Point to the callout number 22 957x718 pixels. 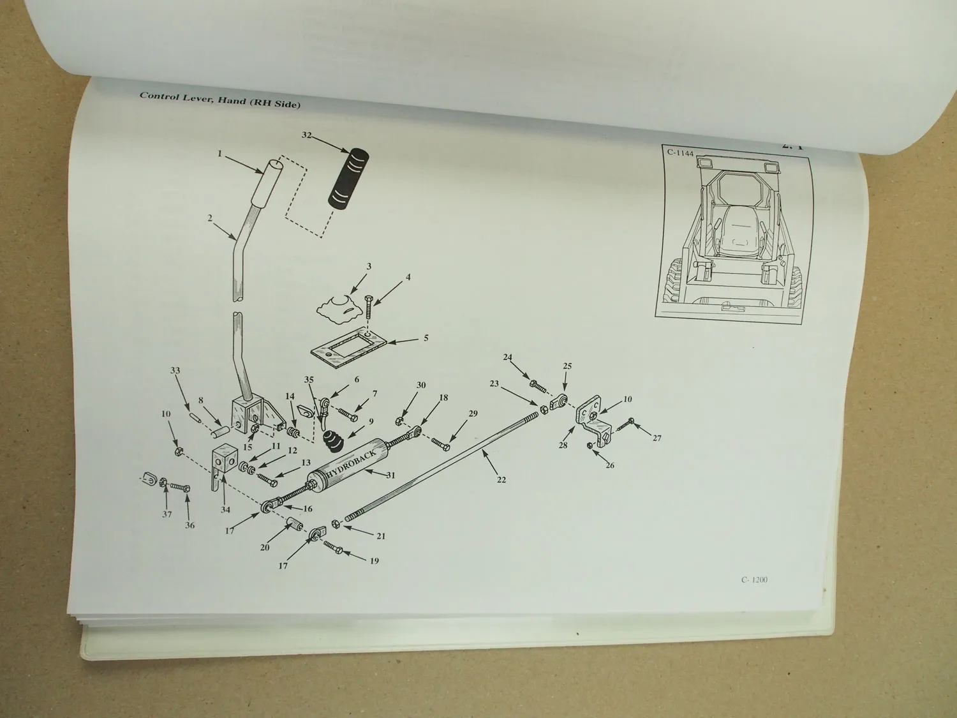pyautogui.click(x=501, y=479)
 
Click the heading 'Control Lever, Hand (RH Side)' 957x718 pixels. pyautogui.click(x=220, y=101)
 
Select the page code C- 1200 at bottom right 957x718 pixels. pyautogui.click(x=754, y=580)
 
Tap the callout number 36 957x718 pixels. pyautogui.click(x=190, y=525)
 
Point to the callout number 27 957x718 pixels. pyautogui.click(x=657, y=438)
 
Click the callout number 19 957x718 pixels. pyautogui.click(x=374, y=561)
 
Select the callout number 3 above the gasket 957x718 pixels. pyautogui.click(x=369, y=266)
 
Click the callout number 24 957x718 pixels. pyautogui.click(x=508, y=358)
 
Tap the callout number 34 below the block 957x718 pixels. pyautogui.click(x=226, y=509)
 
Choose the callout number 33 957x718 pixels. pyautogui.click(x=175, y=370)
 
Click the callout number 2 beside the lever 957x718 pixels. pyautogui.click(x=209, y=218)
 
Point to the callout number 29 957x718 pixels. pyautogui.click(x=473, y=414)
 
